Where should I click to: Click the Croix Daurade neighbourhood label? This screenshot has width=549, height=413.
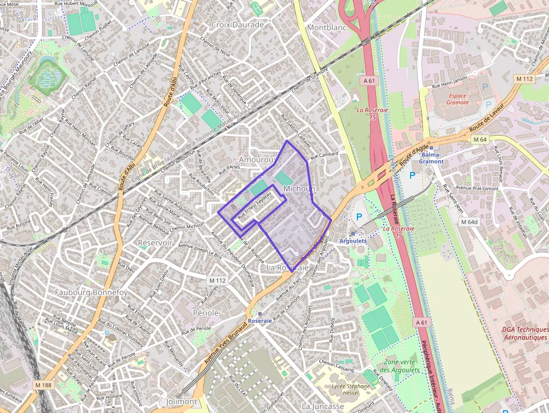point(237,25)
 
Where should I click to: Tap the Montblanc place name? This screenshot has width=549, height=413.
point(327,27)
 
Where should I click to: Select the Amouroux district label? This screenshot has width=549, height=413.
point(256,160)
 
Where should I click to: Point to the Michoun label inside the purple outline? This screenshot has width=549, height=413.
point(299,189)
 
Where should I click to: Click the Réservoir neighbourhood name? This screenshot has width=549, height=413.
point(155,243)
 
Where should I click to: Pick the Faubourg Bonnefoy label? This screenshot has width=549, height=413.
point(91,292)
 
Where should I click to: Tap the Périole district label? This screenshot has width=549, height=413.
point(206,313)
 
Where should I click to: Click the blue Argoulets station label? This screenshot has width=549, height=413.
point(353,240)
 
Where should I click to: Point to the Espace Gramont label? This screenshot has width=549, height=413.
point(457,99)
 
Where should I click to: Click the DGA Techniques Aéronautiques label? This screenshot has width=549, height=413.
point(524,333)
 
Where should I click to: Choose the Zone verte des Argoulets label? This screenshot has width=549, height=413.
point(399,366)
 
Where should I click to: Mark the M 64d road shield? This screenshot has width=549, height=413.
point(469,222)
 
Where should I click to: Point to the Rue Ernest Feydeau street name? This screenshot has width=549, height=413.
point(255,206)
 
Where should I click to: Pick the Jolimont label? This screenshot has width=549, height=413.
point(182,401)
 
